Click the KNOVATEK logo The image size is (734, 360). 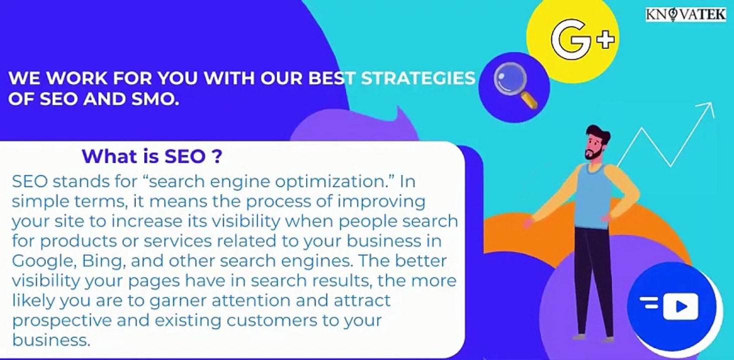point(685,14)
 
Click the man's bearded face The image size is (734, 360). point(596,147)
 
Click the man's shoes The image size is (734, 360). point(593,337)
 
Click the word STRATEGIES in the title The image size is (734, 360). point(418,78)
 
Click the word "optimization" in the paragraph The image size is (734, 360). point(329,181)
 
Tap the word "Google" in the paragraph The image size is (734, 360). point(40,261)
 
